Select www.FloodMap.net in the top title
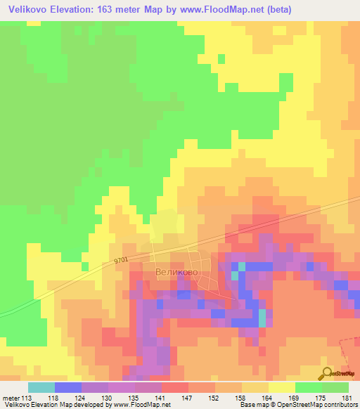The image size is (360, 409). pyautogui.click(x=220, y=9)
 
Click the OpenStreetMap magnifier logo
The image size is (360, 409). pyautogui.click(x=328, y=374)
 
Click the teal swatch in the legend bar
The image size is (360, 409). pyautogui.click(x=41, y=387)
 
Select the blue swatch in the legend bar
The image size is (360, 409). pyautogui.click(x=68, y=387)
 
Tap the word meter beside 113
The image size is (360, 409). pyautogui.click(x=11, y=397)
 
